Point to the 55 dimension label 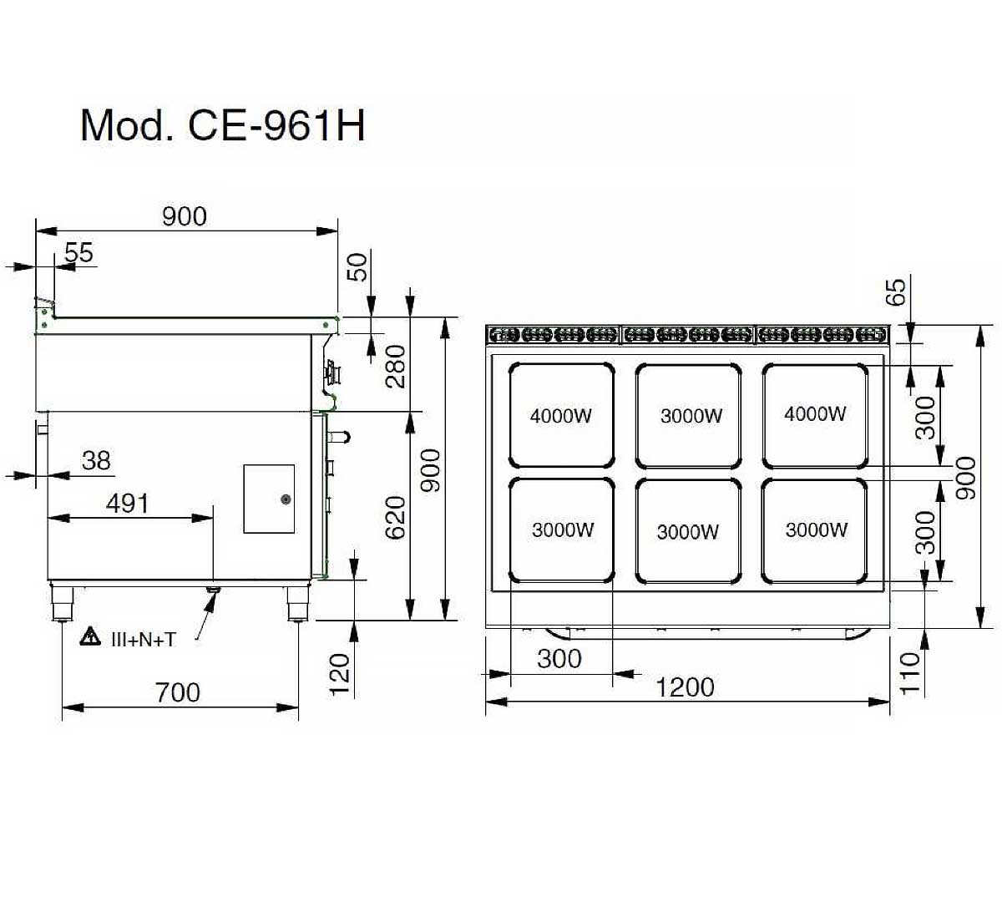click(x=79, y=251)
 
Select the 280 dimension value click(x=396, y=367)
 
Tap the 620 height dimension click(x=396, y=517)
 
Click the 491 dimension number click(x=128, y=503)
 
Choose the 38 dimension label click(x=97, y=460)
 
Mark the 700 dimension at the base click(x=178, y=692)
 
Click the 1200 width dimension click(x=685, y=687)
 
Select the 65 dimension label click(x=895, y=292)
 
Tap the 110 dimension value click(x=910, y=672)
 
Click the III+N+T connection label click(x=144, y=640)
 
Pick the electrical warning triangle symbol click(x=89, y=637)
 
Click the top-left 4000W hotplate click(x=562, y=415)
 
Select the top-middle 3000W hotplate click(x=689, y=415)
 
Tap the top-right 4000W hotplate click(x=815, y=414)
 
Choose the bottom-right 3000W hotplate click(x=815, y=530)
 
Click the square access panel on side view click(x=269, y=499)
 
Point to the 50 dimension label click(x=357, y=267)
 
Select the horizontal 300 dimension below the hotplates click(x=559, y=659)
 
